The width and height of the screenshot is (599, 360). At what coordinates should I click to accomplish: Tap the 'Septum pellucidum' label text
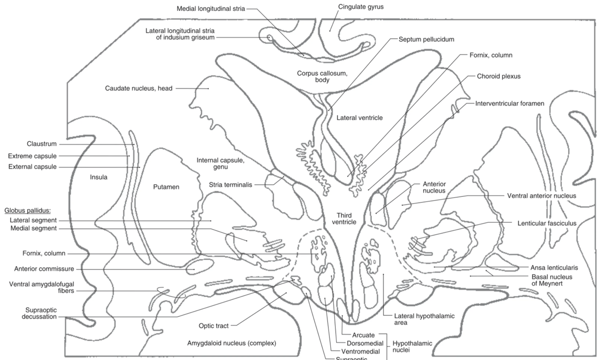(426, 39)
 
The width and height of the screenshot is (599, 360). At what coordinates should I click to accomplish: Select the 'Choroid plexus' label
(499, 76)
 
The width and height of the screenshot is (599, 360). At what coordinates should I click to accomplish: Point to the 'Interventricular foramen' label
(510, 103)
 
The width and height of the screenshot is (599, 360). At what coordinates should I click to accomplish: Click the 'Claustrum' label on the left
(41, 144)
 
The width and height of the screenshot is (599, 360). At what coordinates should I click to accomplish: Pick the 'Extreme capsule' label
(32, 156)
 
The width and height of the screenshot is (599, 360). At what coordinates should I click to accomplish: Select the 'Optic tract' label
(214, 325)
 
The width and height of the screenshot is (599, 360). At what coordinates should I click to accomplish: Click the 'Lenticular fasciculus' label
(547, 223)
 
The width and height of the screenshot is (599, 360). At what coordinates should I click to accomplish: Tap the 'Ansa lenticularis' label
(554, 268)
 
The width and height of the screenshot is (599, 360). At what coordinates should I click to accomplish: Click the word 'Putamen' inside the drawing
(166, 187)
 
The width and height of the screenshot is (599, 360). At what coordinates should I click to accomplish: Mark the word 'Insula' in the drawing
(99, 177)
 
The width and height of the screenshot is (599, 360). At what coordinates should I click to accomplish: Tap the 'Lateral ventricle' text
(359, 118)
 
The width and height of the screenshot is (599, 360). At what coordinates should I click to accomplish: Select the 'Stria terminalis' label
(230, 185)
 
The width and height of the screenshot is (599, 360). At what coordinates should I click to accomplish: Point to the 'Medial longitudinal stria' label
(211, 9)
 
